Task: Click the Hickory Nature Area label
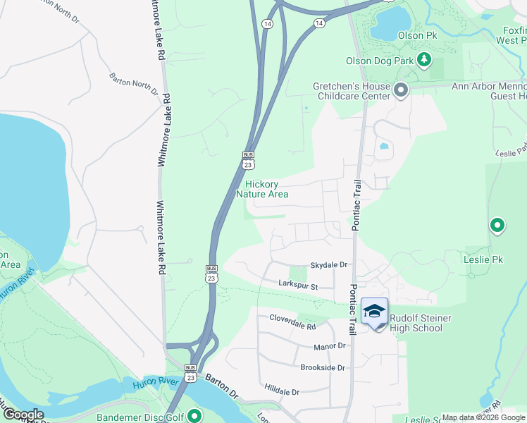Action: click(x=262, y=189)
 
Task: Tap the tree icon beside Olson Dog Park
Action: click(x=424, y=61)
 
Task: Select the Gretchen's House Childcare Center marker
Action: click(x=401, y=90)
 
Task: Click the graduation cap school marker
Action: click(x=375, y=311)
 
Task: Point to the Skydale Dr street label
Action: click(x=330, y=264)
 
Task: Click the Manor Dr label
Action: click(x=330, y=346)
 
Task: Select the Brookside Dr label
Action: click(x=323, y=368)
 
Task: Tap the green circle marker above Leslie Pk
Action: click(x=497, y=226)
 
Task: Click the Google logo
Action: click(x=23, y=415)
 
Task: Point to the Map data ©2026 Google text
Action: click(x=483, y=418)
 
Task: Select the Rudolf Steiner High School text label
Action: click(x=421, y=323)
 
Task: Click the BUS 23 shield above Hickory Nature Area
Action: click(x=248, y=159)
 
